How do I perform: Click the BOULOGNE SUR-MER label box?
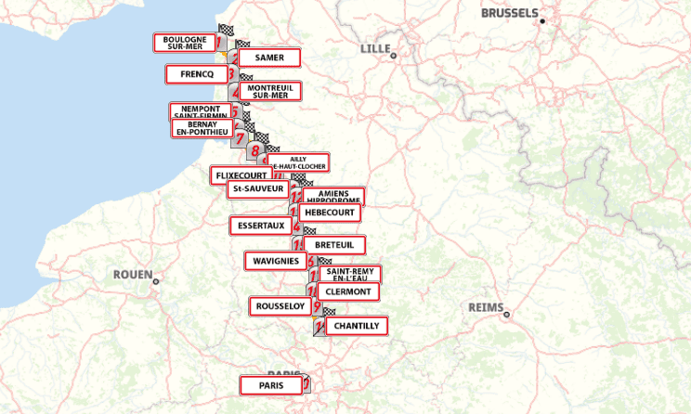pos(184,43)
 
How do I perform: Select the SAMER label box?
pos(268,58)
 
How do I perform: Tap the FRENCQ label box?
pos(196,74)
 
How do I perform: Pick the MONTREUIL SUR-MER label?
pos(269,91)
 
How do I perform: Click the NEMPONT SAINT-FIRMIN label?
pos(200,110)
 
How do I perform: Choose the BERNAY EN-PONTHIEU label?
pos(202,128)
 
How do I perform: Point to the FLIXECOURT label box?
pos(241,175)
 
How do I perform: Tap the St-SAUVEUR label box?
pos(258,189)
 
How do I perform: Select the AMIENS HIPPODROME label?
pos(332,197)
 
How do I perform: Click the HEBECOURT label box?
pos(328,213)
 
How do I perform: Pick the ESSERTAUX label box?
pos(260,226)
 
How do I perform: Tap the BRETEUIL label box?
pos(333,245)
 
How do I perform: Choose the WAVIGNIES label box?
pos(275,261)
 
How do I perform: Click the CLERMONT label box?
pos(348,291)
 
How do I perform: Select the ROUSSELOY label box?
pos(280,306)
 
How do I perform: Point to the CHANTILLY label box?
pos(356,326)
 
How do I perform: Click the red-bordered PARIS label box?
pos(271,384)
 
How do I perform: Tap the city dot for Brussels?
pos(542,20)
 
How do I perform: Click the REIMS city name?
pos(486,308)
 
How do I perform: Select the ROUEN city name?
pos(132,275)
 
